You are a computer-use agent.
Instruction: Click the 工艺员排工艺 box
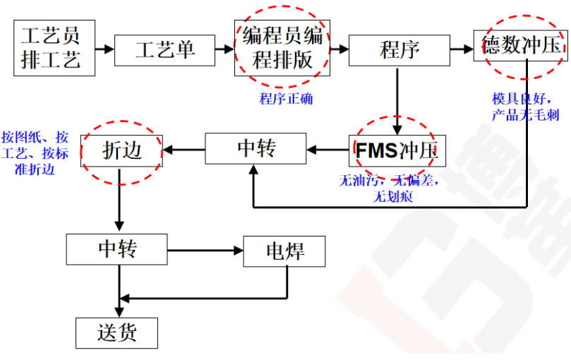pos(54,48)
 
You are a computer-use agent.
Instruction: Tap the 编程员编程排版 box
pos(282,48)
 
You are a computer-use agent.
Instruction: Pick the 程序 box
pos(399,49)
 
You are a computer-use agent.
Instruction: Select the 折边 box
pos(121,150)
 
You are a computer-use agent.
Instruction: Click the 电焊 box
pos(284,251)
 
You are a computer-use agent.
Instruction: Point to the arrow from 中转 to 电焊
pos(205,251)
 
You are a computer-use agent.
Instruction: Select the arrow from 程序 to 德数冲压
pos(462,49)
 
